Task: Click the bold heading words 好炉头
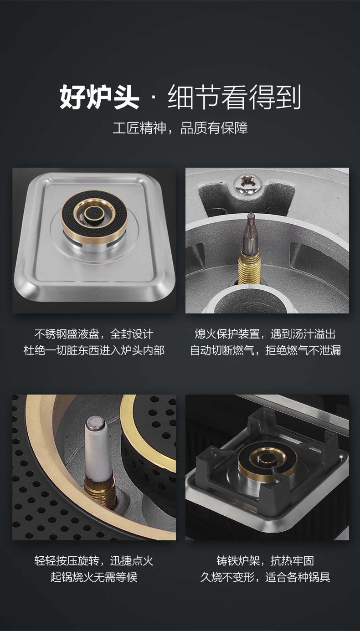[x=99, y=97]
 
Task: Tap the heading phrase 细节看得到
[x=235, y=97]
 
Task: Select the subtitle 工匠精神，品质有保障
[x=180, y=128]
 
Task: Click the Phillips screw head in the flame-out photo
[x=247, y=184]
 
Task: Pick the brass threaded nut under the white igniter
[x=101, y=491]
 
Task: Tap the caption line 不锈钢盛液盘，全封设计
[x=94, y=334]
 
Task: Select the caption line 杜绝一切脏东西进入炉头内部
[x=94, y=350]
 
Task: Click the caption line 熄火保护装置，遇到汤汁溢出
[x=265, y=334]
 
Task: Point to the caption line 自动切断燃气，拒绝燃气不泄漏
[x=265, y=350]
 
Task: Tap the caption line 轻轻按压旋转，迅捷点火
[x=94, y=560]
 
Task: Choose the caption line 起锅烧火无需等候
[x=94, y=577]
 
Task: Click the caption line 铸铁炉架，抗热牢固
[x=265, y=560]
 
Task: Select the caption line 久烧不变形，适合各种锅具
[x=265, y=577]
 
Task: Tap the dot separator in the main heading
[x=154, y=97]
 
